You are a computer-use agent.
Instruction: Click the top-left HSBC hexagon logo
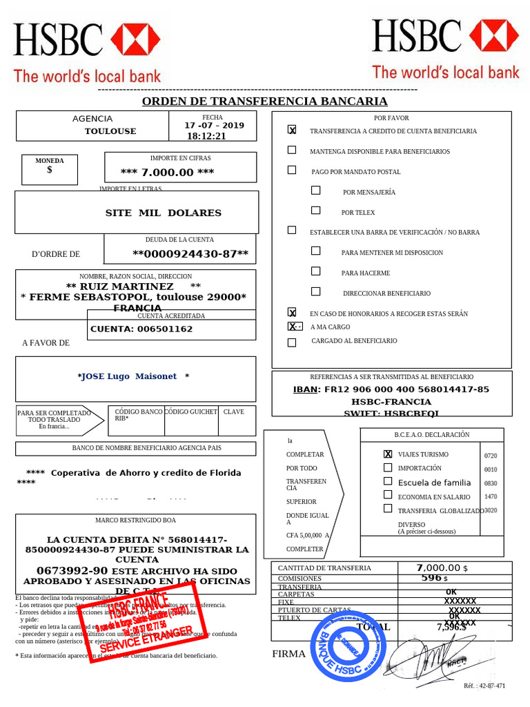[x=135, y=39]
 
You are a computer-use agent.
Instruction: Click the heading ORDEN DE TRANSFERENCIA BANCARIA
[x=264, y=101]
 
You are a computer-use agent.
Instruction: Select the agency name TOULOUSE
[x=110, y=131]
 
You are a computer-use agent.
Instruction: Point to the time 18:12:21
[x=206, y=136]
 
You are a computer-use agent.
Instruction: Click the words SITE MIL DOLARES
[x=163, y=213]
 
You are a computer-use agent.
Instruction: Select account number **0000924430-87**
[x=190, y=254]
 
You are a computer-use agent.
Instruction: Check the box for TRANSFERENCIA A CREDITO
[x=292, y=130]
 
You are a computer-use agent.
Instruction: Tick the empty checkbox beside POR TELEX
[x=315, y=211]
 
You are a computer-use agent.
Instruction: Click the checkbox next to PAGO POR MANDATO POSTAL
[x=292, y=170]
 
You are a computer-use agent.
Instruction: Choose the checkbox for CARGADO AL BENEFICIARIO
[x=292, y=342]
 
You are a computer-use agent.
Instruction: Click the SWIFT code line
[x=391, y=414]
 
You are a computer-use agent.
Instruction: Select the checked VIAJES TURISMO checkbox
[x=388, y=454]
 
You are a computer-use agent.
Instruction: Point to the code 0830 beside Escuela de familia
[x=491, y=483]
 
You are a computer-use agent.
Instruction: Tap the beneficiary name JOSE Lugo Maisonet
[x=132, y=376]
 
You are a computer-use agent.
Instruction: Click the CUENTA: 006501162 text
[x=141, y=329]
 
